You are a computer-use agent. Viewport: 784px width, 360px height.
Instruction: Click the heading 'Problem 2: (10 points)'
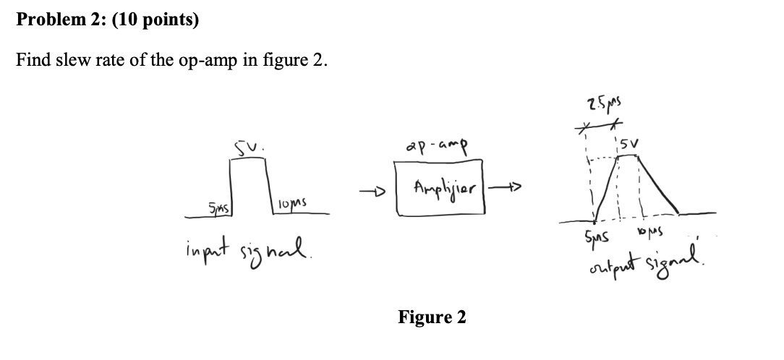click(107, 20)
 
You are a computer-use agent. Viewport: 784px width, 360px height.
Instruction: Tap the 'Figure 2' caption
click(432, 317)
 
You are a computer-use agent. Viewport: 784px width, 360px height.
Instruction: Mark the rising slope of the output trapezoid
click(606, 188)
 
